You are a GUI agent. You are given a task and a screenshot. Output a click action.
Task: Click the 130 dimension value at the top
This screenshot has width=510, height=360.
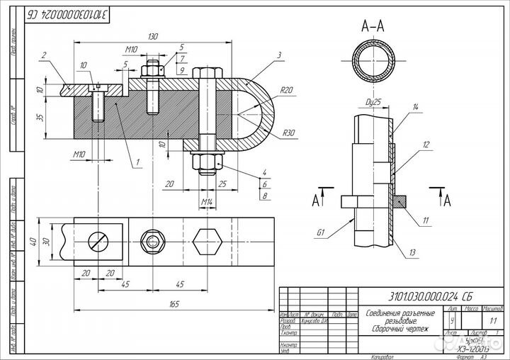pyautogui.click(x=152, y=36)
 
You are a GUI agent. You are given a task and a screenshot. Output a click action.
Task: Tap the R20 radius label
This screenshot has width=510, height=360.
pyautogui.click(x=286, y=90)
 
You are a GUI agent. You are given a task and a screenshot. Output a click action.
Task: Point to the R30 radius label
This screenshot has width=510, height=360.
pyautogui.click(x=288, y=133)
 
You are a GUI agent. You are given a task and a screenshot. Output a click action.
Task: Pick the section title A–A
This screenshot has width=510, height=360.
pyautogui.click(x=374, y=26)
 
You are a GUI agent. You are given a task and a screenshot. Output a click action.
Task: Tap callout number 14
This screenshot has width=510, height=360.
pyautogui.click(x=416, y=107)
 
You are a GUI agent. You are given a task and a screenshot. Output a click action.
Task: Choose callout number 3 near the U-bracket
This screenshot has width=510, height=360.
pyautogui.click(x=280, y=55)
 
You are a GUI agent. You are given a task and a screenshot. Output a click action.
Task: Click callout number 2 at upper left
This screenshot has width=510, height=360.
pyautogui.click(x=44, y=55)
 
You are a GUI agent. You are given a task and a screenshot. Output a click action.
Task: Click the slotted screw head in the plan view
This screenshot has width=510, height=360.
pyautogui.click(x=99, y=240)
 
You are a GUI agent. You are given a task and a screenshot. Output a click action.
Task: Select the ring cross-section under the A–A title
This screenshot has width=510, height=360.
pyautogui.click(x=374, y=62)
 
